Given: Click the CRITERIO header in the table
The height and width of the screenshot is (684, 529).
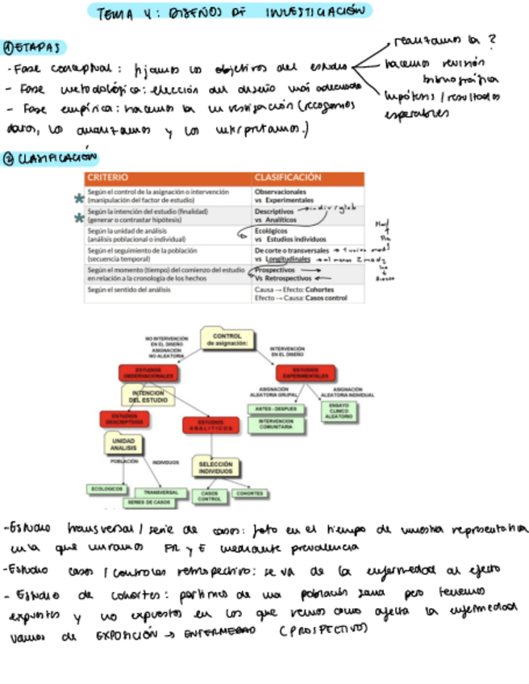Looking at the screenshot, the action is tap(106, 177).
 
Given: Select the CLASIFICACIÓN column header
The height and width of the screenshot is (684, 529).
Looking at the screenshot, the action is tap(287, 177).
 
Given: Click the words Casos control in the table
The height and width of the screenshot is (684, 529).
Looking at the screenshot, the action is tap(325, 298).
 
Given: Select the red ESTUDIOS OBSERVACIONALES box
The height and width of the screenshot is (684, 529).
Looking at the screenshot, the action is tap(148, 373).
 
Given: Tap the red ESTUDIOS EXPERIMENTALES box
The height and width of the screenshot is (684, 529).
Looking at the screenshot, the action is tap(305, 373).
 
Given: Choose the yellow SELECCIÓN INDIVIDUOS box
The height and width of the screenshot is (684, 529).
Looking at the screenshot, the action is tap(215, 467).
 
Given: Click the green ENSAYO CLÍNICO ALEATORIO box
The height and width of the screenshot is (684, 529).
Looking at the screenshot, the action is tap(339, 411).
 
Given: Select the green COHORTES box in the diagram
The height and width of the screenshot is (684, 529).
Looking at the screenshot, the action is tap(250, 494).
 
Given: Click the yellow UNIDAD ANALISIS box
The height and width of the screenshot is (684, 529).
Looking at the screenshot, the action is tap(123, 444).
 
